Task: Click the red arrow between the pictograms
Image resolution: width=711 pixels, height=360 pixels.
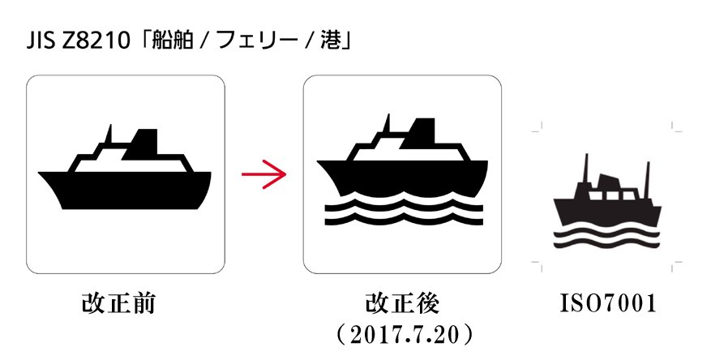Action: pos(264,174)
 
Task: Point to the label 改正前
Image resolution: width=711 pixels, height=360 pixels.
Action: pos(119,303)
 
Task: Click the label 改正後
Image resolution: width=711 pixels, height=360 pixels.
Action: pos(403,303)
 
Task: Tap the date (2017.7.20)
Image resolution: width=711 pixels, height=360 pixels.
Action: pos(404,335)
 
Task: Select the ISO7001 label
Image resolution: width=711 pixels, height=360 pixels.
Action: pos(609,303)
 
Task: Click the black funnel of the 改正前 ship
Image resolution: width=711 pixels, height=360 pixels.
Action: pos(143,144)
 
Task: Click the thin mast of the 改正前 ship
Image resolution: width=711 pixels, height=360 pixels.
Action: pos(109,133)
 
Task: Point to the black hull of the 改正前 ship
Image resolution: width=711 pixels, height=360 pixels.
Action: pos(125,190)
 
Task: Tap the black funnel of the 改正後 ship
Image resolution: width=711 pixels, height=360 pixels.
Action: pos(419,133)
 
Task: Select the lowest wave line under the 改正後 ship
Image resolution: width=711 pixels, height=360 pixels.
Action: pos(404,221)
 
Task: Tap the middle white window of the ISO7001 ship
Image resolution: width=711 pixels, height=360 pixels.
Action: pos(613,196)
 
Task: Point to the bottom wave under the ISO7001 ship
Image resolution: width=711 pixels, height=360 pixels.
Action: pos(606,244)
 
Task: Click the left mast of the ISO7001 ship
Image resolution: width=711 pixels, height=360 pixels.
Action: pos(586,168)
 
